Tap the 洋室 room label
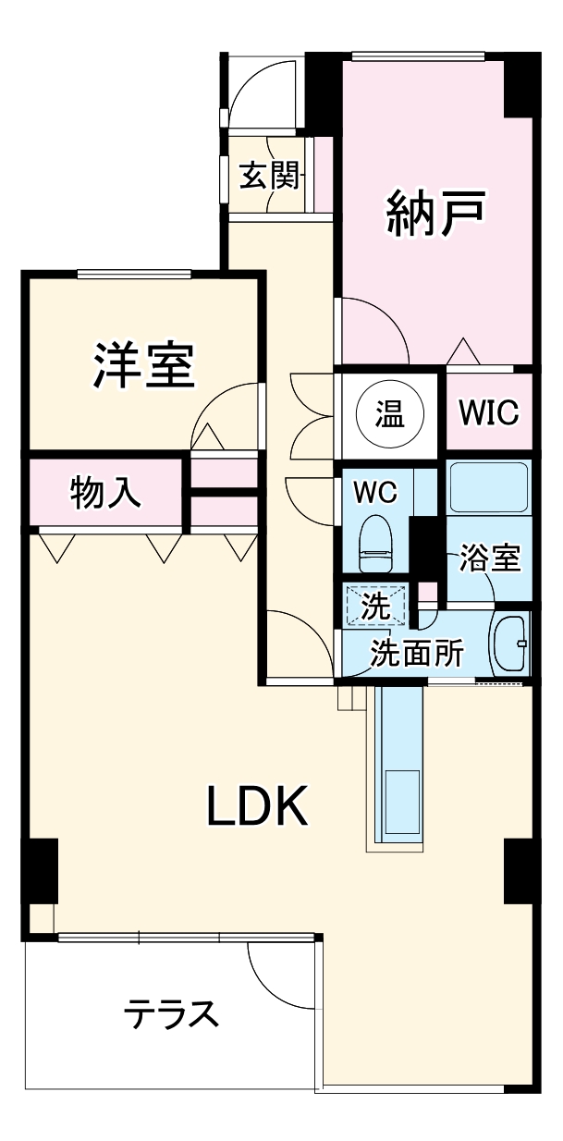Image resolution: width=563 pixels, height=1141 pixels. coord(143,365)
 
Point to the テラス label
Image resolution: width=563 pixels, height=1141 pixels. coord(173,1014)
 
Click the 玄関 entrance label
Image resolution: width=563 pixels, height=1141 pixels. coord(272,176)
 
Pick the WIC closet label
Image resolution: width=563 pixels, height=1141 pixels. coord(489,412)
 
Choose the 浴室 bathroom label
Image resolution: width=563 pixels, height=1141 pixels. coord(491,558)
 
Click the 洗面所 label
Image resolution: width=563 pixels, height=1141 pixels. coord(416,653)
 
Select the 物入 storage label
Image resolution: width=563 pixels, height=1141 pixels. coord(106,495)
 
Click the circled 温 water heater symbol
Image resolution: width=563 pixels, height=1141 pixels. coord(389,413)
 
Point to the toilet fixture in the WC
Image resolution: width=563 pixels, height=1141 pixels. coord(376,545)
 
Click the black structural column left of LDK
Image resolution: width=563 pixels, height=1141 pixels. coord(40,871)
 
